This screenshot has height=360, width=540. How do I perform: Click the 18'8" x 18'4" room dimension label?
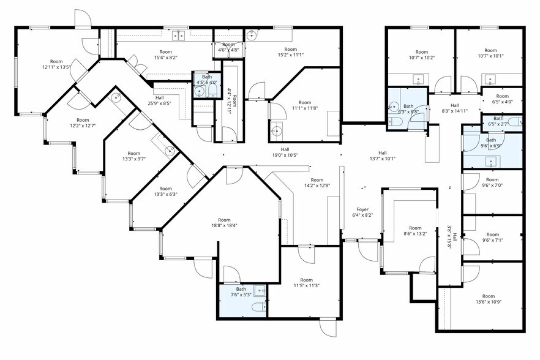tap(224, 223)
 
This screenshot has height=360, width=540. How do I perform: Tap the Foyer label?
tap(362, 212)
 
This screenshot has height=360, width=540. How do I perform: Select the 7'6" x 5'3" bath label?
tap(241, 292)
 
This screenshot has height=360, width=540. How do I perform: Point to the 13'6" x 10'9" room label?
tap(487, 300)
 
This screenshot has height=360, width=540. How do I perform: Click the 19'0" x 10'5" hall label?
tap(285, 152)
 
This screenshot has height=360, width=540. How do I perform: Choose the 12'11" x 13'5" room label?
tap(56, 64)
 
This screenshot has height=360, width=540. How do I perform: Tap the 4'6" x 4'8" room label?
tap(228, 48)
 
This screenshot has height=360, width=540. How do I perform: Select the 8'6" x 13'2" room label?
tap(416, 231)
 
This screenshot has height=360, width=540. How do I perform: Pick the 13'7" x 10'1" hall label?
tap(382, 156)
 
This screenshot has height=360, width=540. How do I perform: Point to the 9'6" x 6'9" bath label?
tap(492, 143)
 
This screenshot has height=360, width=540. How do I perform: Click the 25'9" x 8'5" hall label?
tap(159, 100)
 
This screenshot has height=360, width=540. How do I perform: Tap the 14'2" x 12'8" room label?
tap(317, 182)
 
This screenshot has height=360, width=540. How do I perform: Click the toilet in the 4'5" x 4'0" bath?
tap(212, 92)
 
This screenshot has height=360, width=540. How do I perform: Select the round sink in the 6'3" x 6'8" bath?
tap(393, 105)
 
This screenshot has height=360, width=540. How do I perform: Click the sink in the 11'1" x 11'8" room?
tap(277, 130)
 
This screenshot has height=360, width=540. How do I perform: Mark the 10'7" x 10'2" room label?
tap(421, 55)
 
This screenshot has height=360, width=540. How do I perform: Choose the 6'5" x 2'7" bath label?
tap(498, 121)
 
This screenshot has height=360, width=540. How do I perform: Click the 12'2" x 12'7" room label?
tap(83, 123)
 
